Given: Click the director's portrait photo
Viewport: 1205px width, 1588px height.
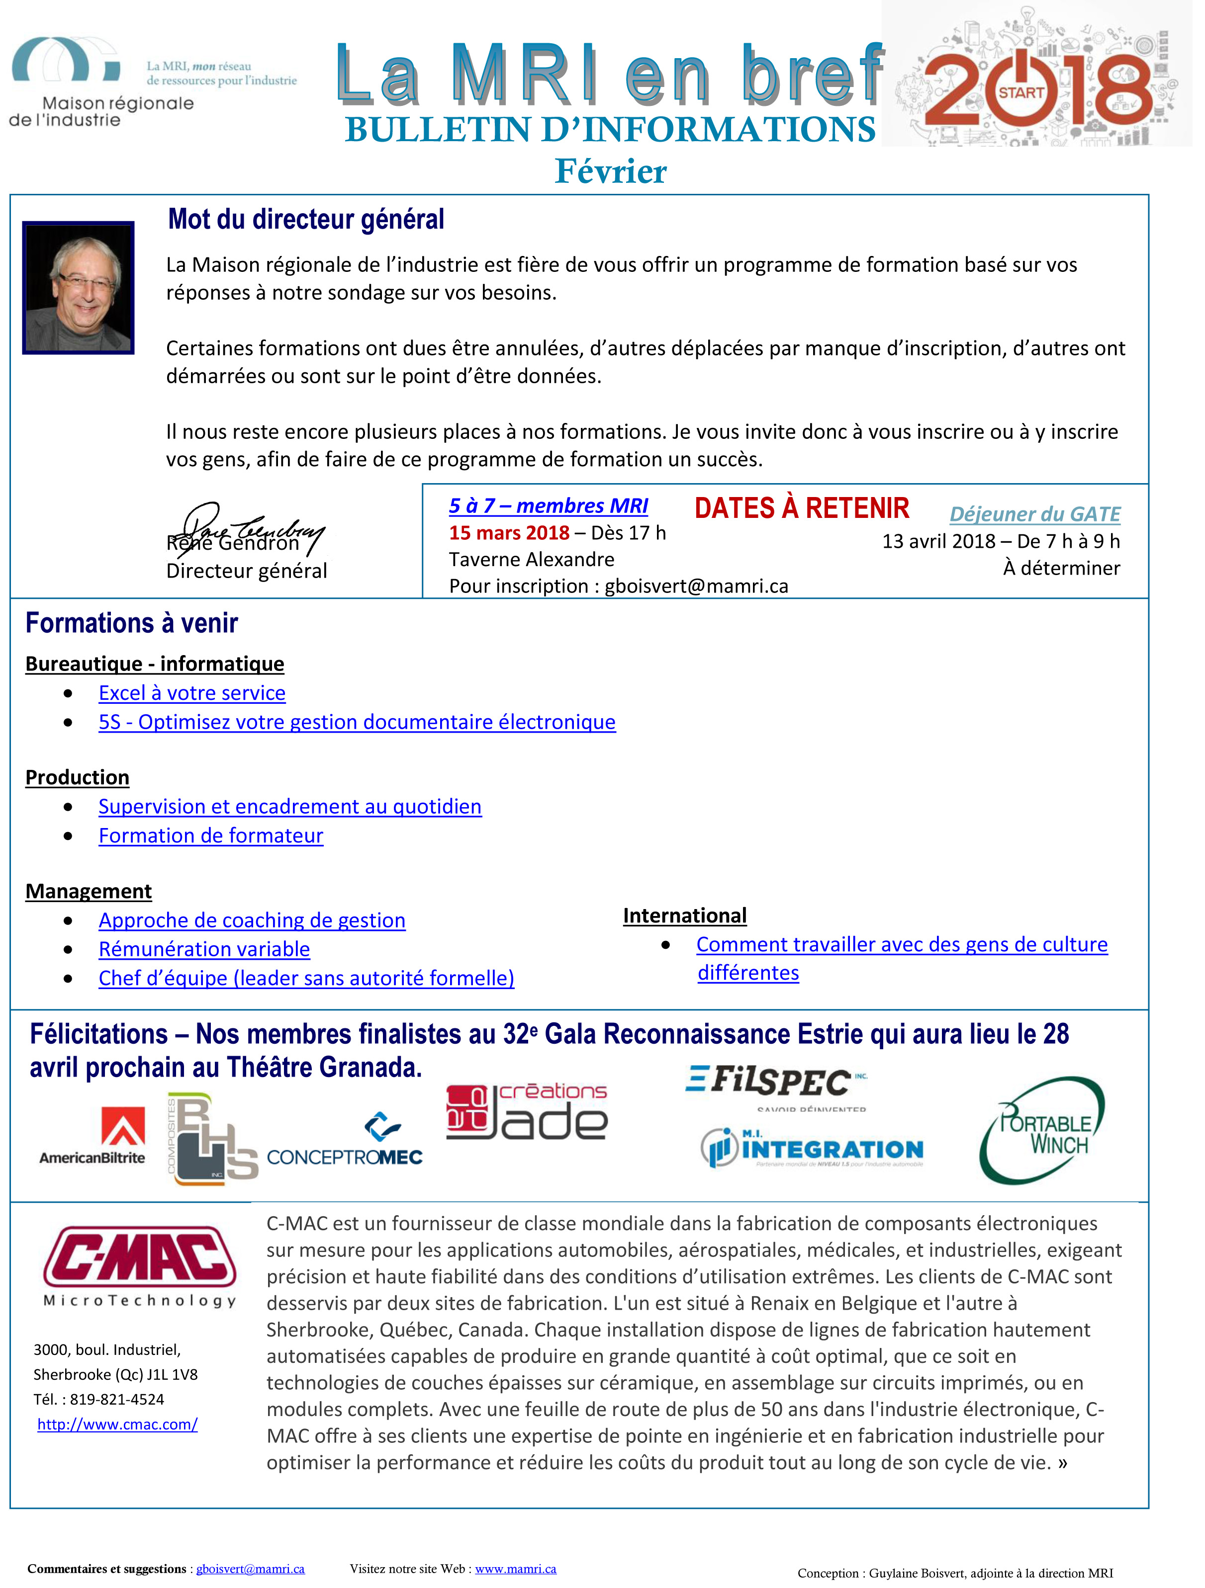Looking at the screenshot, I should [x=78, y=287].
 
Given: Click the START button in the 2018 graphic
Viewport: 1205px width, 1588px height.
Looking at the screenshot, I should [x=1020, y=92].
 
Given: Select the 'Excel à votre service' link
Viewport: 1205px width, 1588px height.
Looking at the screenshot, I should [x=192, y=693].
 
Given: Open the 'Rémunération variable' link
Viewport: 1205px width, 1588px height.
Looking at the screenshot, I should [x=204, y=949].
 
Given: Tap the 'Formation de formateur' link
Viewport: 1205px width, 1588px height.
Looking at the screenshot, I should [x=210, y=836].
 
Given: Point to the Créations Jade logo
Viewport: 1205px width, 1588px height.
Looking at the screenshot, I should [x=527, y=1112].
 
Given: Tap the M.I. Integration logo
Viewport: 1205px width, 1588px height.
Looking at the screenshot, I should [x=812, y=1147].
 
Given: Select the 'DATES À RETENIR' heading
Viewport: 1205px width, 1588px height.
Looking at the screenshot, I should [x=801, y=508].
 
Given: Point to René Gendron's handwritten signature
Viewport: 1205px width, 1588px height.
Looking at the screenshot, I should [x=248, y=528].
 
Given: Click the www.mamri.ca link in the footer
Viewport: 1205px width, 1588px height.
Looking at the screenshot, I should [x=516, y=1569].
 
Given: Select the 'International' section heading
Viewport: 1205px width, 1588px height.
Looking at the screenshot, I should [x=684, y=916].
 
